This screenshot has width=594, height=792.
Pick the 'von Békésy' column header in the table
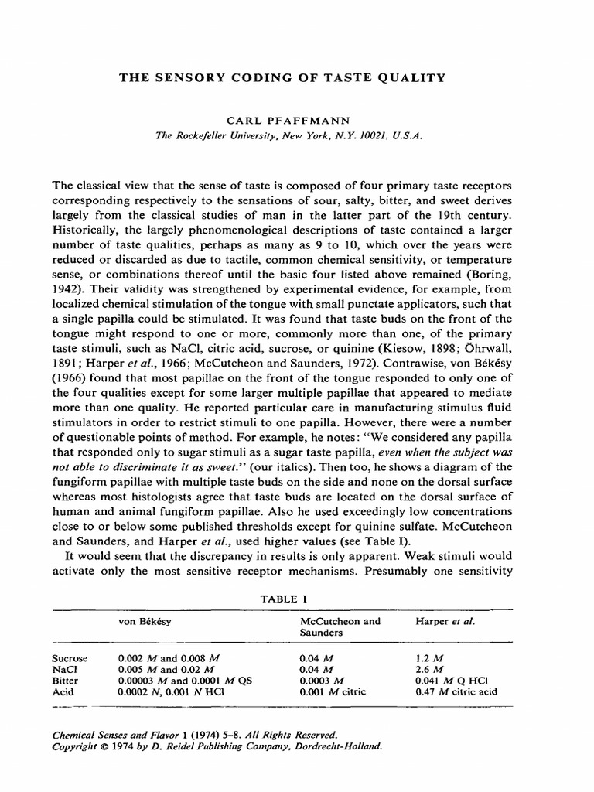(142, 621)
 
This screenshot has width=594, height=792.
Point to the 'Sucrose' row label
(69, 658)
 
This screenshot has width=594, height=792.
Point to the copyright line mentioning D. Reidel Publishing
(217, 748)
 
